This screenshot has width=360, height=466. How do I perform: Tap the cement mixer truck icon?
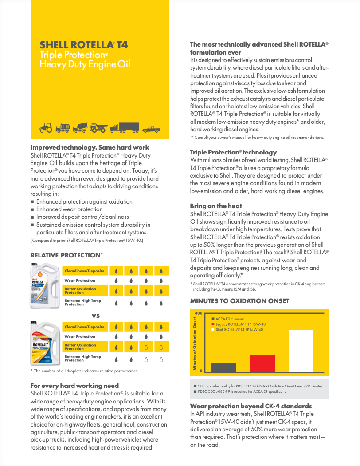point(80,128)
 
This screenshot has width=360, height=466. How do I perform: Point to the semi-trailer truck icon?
point(125,128)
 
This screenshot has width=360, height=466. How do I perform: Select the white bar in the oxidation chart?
point(300,351)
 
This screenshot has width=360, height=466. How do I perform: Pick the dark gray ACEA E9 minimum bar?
point(223,367)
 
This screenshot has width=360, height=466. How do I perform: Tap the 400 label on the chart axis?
point(198,313)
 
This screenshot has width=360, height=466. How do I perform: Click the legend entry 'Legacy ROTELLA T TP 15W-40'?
point(240,324)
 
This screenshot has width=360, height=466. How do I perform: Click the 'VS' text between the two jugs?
point(95,316)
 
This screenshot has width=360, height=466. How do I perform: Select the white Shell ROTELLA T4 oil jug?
point(44,285)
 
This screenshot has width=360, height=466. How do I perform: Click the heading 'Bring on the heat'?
point(216,206)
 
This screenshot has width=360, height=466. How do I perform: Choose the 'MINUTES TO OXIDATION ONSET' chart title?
point(239,301)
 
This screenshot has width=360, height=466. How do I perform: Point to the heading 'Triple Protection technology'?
point(233,152)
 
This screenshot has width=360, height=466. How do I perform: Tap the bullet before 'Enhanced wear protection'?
point(32,209)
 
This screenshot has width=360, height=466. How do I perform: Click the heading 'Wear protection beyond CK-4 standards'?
point(250,406)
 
